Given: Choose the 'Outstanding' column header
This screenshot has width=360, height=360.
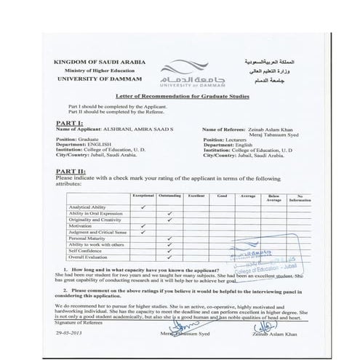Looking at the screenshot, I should coord(169,196).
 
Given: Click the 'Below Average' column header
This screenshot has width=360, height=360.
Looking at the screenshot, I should coord(273,198).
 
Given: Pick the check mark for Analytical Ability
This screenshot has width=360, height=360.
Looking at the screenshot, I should coord(144,207).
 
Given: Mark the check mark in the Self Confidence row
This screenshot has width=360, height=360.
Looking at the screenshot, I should coord(169,251).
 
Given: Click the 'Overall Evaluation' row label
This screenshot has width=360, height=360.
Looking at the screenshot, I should coord(89,257).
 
